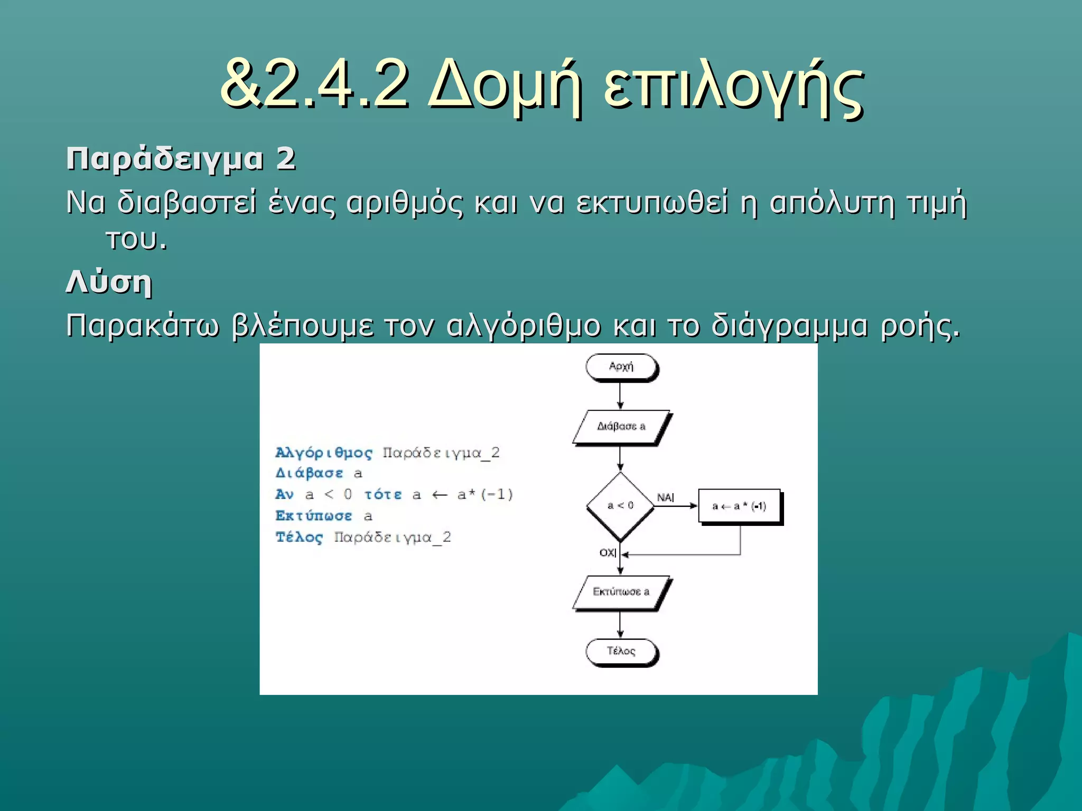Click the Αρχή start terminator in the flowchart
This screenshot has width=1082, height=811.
(x=621, y=367)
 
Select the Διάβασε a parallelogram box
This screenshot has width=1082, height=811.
(x=621, y=427)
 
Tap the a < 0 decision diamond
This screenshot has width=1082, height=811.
(x=620, y=506)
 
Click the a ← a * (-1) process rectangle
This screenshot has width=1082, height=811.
(x=739, y=506)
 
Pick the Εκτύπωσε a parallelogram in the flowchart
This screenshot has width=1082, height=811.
(x=621, y=592)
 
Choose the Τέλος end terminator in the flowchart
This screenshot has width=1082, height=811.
(x=621, y=651)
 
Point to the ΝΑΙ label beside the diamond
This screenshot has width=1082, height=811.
(x=665, y=497)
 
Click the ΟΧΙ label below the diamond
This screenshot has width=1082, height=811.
(x=608, y=552)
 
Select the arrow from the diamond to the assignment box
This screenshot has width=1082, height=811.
(x=676, y=506)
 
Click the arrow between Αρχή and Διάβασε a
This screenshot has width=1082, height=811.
(x=620, y=396)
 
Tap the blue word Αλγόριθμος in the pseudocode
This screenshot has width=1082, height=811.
(x=324, y=453)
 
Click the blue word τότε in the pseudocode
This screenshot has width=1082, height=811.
(x=383, y=495)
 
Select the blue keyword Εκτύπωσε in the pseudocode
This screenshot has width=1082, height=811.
(x=314, y=516)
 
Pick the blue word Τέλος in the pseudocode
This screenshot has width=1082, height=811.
(x=299, y=537)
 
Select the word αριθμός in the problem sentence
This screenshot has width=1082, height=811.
(x=404, y=203)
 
